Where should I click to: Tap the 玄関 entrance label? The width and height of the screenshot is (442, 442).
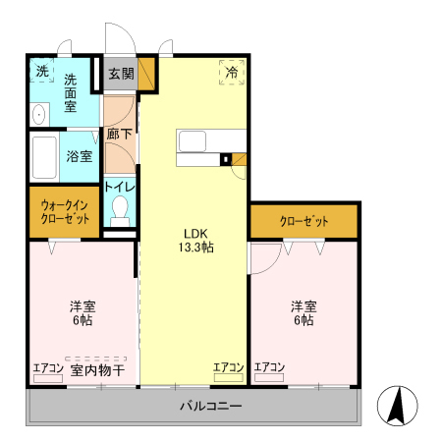(x=120, y=73)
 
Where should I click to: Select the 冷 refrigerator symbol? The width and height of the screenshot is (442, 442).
(x=232, y=72)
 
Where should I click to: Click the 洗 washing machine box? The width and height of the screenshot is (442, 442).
(x=41, y=71)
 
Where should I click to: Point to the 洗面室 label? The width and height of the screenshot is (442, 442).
(x=71, y=92)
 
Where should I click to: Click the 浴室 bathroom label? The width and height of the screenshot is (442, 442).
(x=78, y=155)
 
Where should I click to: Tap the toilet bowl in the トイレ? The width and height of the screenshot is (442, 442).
(x=120, y=208)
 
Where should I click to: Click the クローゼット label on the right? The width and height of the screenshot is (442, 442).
(x=304, y=221)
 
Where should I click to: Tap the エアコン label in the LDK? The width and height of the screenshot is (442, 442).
(x=228, y=367)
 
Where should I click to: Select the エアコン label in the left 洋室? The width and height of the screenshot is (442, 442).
(x=47, y=369)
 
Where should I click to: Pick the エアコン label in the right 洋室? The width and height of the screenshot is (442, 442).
(x=269, y=368)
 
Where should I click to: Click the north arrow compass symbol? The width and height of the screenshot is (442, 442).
(x=398, y=407)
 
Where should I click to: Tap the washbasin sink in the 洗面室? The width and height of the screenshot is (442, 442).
(x=39, y=115)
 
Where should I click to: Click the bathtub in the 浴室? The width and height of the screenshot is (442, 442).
(x=44, y=156)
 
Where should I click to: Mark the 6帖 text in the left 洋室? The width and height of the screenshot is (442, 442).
(x=82, y=320)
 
